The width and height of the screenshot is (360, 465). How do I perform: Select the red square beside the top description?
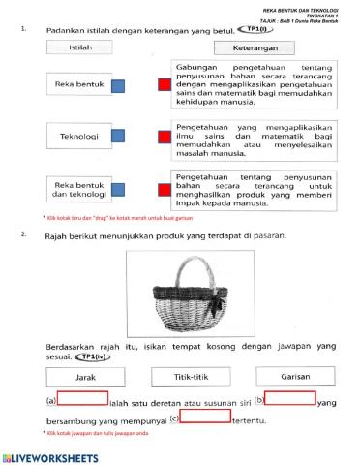(163, 87)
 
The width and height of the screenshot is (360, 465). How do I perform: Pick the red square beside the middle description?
(163, 136)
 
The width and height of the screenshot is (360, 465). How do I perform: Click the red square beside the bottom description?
(163, 187)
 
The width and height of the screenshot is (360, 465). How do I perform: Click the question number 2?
(23, 232)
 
